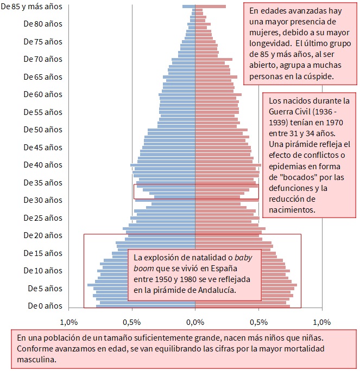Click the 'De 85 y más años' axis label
click(x=31, y=7)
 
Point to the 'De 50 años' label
click(x=43, y=130)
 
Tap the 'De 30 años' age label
click(x=43, y=200)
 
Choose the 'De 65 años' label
click(x=43, y=77)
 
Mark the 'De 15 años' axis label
click(x=43, y=253)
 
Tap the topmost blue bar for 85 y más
click(x=188, y=7)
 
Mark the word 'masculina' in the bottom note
click(x=35, y=359)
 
